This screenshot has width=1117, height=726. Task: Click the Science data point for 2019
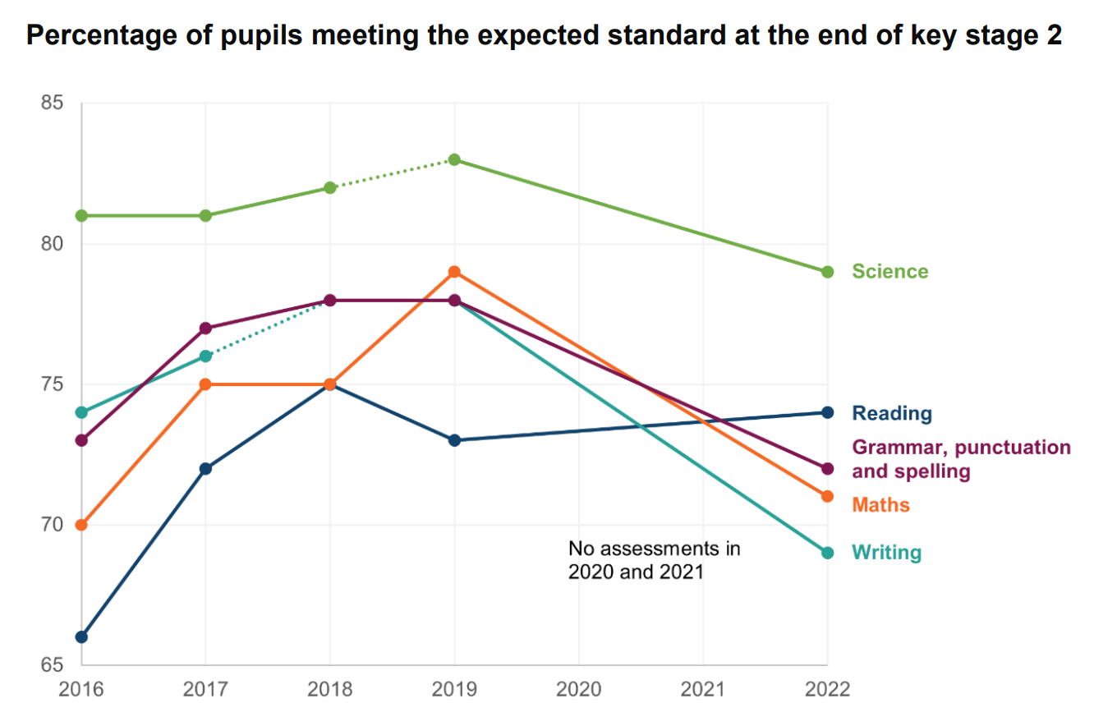click(454, 159)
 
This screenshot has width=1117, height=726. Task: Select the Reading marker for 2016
click(80, 636)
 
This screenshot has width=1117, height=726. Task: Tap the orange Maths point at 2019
click(454, 272)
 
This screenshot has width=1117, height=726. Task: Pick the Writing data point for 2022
click(827, 553)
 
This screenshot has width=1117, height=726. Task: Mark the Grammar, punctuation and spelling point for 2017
click(205, 328)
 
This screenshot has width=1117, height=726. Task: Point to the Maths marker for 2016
click(80, 525)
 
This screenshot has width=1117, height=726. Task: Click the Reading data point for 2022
click(827, 412)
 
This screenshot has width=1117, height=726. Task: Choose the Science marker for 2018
click(330, 187)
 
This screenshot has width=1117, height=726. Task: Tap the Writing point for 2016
click(80, 412)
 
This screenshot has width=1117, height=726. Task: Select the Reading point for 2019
click(454, 440)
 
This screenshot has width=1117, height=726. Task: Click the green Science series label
click(889, 272)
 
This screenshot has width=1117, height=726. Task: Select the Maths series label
click(880, 504)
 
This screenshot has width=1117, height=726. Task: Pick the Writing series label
click(886, 553)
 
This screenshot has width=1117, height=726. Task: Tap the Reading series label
click(892, 412)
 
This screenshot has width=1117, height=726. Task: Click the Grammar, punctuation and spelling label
click(961, 459)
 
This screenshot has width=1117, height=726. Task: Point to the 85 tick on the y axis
click(51, 103)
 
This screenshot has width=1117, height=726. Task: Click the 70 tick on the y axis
click(51, 525)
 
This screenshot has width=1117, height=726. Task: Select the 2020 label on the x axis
click(579, 688)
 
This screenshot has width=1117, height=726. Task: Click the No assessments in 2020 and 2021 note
click(654, 560)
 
